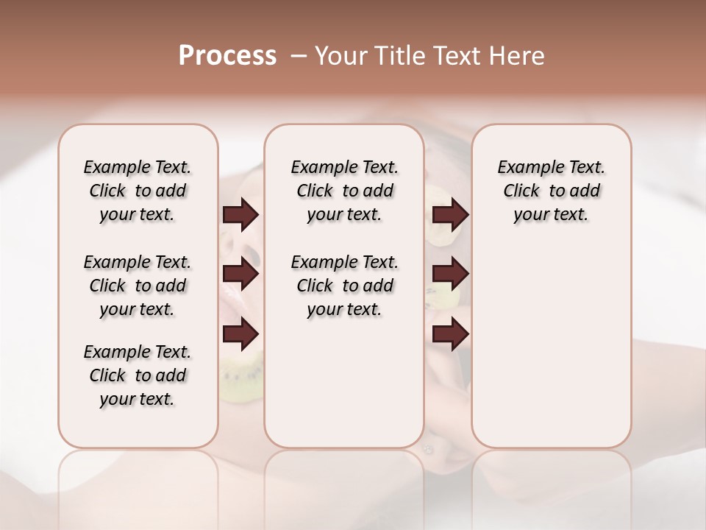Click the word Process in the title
coord(227,55)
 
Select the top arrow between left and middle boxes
coord(240,215)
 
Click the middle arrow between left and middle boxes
coord(240,275)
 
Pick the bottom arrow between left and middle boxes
coord(240,335)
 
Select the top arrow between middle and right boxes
coord(450,215)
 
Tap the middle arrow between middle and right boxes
coord(450,275)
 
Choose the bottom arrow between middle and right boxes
coord(450,335)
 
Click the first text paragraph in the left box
coord(138,191)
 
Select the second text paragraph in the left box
coord(138,286)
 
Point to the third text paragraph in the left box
coord(138,375)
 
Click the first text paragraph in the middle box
coord(344,191)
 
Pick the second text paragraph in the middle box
coord(344,286)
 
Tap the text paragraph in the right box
coord(552,191)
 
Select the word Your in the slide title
coord(338,56)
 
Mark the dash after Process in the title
coord(298,56)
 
